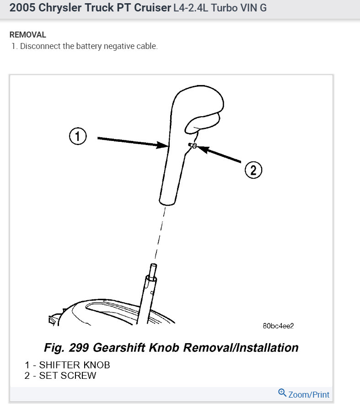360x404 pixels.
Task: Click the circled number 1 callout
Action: (x=78, y=136)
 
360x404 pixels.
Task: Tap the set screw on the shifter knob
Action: (x=192, y=145)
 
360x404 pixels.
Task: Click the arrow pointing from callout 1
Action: (x=133, y=141)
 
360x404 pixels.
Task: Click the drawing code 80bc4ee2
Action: (x=278, y=326)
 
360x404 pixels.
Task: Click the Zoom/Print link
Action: (x=309, y=394)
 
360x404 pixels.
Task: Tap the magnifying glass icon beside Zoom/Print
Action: (x=282, y=393)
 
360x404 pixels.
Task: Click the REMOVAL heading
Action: (x=27, y=35)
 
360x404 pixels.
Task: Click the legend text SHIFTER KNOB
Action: (x=74, y=365)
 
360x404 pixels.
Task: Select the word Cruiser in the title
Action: (x=148, y=8)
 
